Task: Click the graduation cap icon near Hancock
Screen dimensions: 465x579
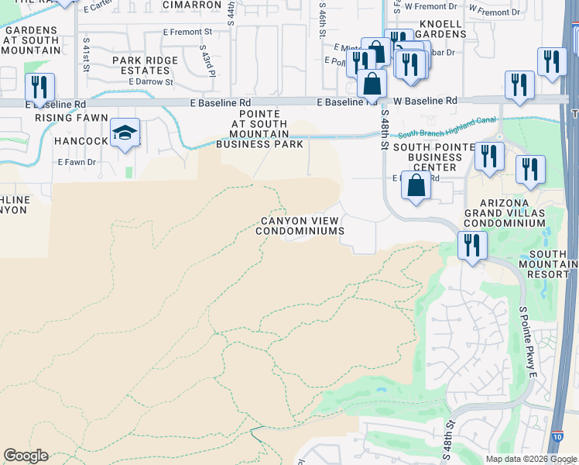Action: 125,133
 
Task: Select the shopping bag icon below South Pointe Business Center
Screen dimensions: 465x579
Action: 416,186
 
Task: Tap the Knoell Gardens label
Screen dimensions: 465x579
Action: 440,29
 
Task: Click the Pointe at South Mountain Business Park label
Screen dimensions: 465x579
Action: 259,129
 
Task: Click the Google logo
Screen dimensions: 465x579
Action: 26,456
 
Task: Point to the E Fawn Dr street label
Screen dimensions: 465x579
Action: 77,162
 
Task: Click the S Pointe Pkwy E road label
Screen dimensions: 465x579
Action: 528,342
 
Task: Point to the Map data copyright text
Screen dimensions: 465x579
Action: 531,459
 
